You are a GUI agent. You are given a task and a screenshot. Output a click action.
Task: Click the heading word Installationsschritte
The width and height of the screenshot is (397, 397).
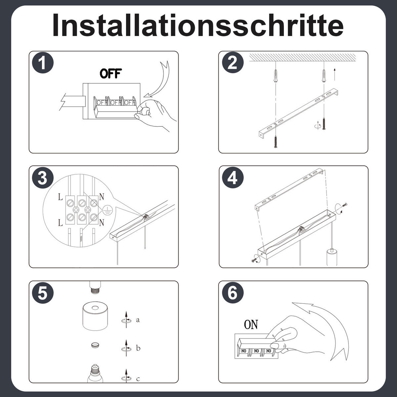pyautogui.click(x=198, y=25)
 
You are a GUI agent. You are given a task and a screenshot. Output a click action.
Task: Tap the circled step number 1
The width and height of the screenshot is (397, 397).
pyautogui.click(x=43, y=63)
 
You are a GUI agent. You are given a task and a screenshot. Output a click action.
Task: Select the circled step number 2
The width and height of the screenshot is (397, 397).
pyautogui.click(x=233, y=63)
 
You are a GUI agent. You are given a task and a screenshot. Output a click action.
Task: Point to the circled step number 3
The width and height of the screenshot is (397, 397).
pyautogui.click(x=43, y=178)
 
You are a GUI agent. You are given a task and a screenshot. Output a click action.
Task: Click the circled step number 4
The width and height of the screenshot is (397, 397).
pyautogui.click(x=233, y=178)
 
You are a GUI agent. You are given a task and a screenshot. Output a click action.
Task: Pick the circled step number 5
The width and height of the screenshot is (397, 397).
pyautogui.click(x=43, y=293)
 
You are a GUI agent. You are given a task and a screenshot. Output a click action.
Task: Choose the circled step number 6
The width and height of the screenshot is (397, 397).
pyautogui.click(x=233, y=293)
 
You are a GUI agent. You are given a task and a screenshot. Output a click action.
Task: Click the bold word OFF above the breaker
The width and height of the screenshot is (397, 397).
pyautogui.click(x=111, y=73)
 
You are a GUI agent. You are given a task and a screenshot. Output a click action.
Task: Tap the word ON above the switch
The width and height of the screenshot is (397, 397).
pyautogui.click(x=251, y=325)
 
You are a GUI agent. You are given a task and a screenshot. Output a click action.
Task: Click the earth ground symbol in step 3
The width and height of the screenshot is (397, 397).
pyautogui.click(x=107, y=210)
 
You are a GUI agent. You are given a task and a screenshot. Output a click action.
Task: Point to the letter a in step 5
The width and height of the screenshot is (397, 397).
pyautogui.click(x=138, y=320)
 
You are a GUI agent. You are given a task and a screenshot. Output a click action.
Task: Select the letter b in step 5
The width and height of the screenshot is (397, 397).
pyautogui.click(x=138, y=348)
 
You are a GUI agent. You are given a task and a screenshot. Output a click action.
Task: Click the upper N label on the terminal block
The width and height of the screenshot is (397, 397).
pyautogui.click(x=101, y=197)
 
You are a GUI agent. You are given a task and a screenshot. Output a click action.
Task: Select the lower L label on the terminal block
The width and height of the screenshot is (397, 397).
pyautogui.click(x=60, y=223)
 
